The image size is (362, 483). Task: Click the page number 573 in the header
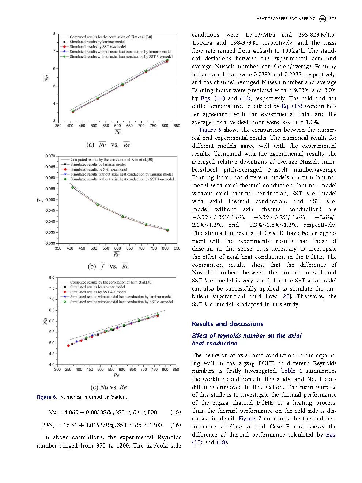[x=333, y=19]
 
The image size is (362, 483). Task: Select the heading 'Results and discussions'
[x=227, y=324]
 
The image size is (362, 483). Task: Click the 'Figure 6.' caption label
[x=47, y=397]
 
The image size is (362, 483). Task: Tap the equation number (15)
[x=176, y=412]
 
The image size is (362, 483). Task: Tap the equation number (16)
[x=176, y=425]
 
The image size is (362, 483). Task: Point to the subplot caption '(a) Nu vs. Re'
[x=108, y=145]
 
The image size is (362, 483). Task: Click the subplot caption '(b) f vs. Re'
[x=108, y=266]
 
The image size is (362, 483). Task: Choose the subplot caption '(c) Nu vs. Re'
[x=109, y=387]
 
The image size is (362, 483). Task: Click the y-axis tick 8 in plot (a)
[x=54, y=34]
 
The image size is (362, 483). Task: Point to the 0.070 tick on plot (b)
[x=50, y=156]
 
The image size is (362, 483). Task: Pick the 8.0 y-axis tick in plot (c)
[x=52, y=278]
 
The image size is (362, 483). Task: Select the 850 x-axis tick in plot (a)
[x=177, y=126]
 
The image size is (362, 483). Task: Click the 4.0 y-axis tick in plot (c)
[x=52, y=365]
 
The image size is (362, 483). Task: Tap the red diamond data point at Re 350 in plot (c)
[x=68, y=346]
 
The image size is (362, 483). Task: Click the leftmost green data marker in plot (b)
[x=72, y=187]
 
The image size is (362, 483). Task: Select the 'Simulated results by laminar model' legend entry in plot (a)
[x=97, y=42]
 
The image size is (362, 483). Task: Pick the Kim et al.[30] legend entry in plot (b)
[x=112, y=160]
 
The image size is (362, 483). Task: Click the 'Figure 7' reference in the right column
[x=247, y=419]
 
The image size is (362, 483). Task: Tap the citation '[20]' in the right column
[x=285, y=296]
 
